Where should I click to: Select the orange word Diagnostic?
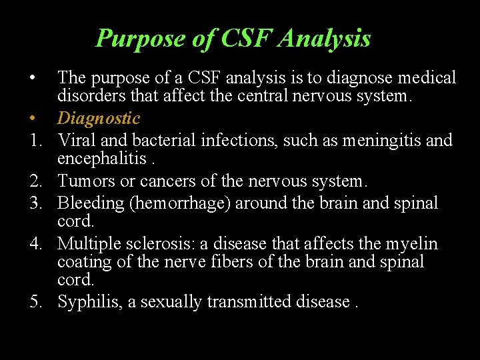[99, 119]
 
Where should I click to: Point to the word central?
[250, 97]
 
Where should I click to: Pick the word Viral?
[75, 140]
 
